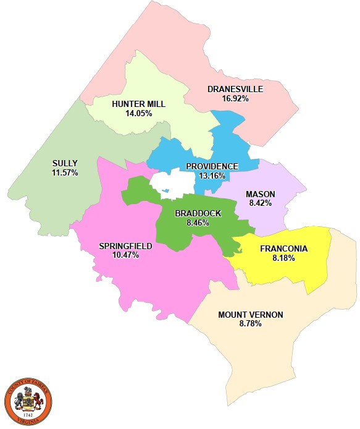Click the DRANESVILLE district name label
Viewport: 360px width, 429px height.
(x=235, y=89)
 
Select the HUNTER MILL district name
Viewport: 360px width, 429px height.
(x=139, y=104)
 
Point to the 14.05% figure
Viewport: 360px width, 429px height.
(x=139, y=113)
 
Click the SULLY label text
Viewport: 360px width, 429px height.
(x=65, y=164)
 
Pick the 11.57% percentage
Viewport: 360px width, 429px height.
(x=65, y=172)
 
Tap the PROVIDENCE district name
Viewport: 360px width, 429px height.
(x=212, y=166)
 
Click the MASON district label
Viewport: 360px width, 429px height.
(x=261, y=193)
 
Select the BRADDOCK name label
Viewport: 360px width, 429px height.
(x=198, y=213)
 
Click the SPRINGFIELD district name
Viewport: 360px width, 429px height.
(x=125, y=246)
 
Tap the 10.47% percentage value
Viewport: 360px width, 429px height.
(x=125, y=255)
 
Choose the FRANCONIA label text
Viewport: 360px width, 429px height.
(x=283, y=249)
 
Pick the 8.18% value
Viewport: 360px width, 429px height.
(x=283, y=258)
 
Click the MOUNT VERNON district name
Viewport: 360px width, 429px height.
(x=251, y=315)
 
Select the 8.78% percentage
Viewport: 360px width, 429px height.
(x=251, y=323)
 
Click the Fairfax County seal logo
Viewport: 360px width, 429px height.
(x=28, y=401)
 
